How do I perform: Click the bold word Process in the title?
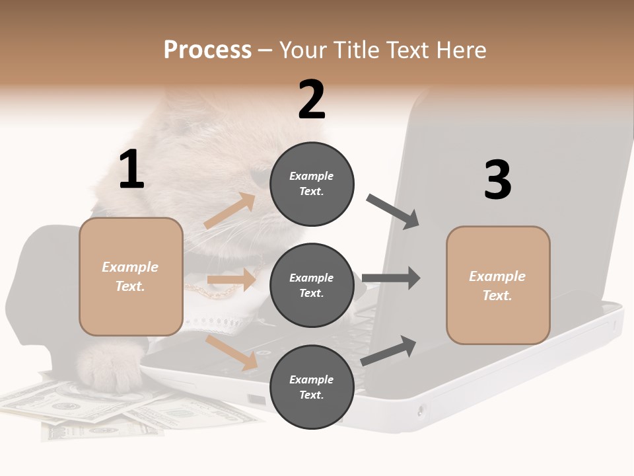(x=207, y=50)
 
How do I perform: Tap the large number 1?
(x=131, y=170)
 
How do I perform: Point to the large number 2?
(x=312, y=100)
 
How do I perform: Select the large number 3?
(x=497, y=180)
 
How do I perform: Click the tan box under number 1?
(x=131, y=276)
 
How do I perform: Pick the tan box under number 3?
(x=498, y=286)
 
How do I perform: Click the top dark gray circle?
(x=312, y=183)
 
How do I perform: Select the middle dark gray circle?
(x=312, y=285)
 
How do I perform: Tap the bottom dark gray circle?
(x=312, y=387)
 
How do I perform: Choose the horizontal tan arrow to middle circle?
(x=231, y=280)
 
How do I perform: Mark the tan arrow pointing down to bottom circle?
(x=232, y=352)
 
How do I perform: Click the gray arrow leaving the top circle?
(x=393, y=212)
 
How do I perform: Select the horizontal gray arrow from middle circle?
(x=391, y=278)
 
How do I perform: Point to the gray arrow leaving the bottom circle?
(x=389, y=351)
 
